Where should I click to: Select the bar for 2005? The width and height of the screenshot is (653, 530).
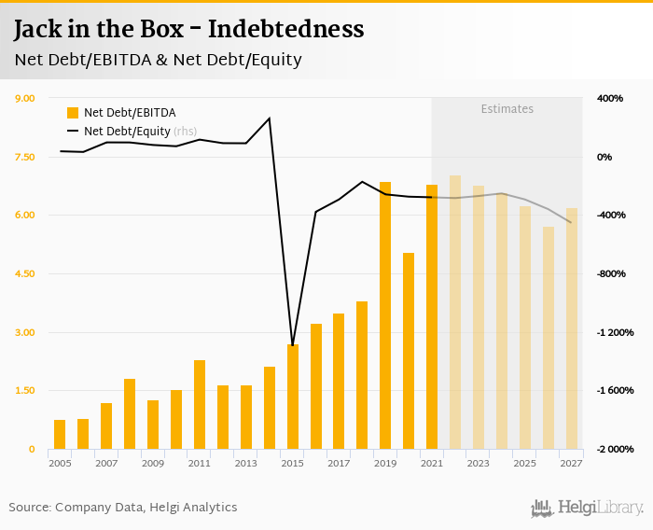[60, 435]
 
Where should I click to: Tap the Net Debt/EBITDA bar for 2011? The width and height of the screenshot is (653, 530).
[200, 404]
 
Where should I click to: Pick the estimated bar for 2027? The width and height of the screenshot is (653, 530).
[572, 328]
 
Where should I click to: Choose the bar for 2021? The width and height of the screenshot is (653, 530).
[432, 316]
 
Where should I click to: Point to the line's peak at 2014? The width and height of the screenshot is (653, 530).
[270, 119]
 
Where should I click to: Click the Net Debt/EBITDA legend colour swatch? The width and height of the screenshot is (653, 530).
[73, 113]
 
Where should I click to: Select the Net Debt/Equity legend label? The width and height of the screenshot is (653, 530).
[127, 132]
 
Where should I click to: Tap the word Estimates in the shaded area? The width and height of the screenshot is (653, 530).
[507, 109]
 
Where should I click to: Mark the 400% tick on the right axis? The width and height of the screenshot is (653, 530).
[610, 98]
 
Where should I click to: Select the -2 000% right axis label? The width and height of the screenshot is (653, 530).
[616, 449]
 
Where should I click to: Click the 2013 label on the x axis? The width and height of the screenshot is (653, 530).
[246, 463]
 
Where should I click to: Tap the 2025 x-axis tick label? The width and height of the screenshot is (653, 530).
[525, 463]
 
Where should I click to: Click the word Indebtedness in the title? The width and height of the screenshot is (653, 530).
[286, 29]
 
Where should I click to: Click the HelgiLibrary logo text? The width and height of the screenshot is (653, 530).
[600, 508]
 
